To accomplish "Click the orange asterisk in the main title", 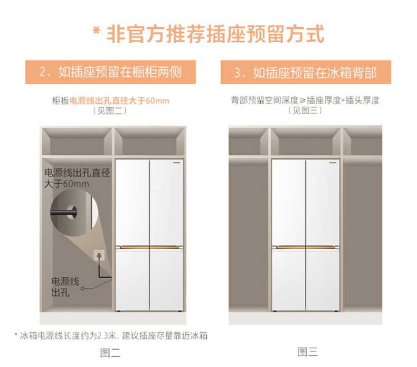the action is point(96,31).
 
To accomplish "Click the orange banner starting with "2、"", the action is point(111,72).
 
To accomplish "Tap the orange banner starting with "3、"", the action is point(306,72).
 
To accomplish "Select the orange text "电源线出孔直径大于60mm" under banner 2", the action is point(119,101).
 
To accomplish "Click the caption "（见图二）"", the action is point(110,111).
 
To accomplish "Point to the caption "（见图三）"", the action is point(305,110).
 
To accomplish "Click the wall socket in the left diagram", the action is point(99,256).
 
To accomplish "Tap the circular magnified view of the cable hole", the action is point(74,213).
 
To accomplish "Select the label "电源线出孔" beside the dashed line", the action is point(65,287).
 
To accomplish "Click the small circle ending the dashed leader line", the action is point(83,288).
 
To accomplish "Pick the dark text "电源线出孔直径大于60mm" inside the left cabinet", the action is point(77,178).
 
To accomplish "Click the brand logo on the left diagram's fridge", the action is point(177,162).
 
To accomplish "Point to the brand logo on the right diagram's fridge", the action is point(333,162).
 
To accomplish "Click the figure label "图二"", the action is point(110,353).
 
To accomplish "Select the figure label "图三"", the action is point(307,352).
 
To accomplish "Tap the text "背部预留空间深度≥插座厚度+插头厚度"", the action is point(305,100).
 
